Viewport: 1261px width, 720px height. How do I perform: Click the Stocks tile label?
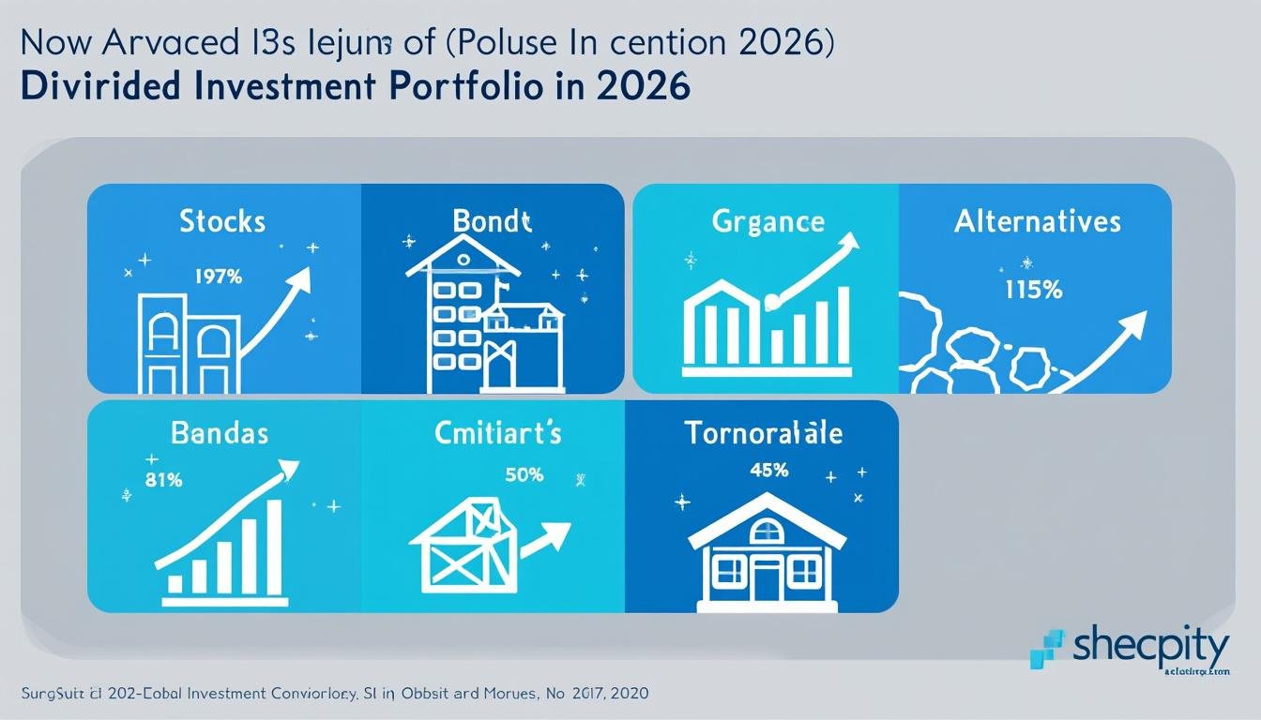point(223,221)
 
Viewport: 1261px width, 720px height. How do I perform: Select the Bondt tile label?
point(492,221)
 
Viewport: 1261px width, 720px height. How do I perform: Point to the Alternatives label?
point(1037,221)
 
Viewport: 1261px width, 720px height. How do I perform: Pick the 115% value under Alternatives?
point(1032,291)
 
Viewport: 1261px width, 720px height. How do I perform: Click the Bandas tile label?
point(220,433)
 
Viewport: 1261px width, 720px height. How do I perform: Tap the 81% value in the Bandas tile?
point(164,480)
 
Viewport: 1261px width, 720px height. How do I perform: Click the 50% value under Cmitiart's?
point(524,474)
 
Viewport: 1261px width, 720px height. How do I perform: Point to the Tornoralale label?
point(763,433)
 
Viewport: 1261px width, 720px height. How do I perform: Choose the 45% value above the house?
point(768,471)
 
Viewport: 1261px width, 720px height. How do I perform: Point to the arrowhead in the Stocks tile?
point(302,278)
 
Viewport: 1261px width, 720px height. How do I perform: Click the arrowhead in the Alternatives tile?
point(1135,324)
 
